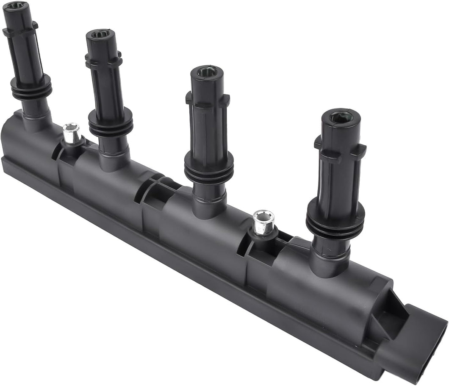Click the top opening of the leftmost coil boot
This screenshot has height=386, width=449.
point(16,6)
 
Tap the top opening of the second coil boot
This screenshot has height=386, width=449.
point(100,33)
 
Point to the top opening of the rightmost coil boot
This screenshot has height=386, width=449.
point(340,117)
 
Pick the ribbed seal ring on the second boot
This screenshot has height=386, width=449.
point(111,123)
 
